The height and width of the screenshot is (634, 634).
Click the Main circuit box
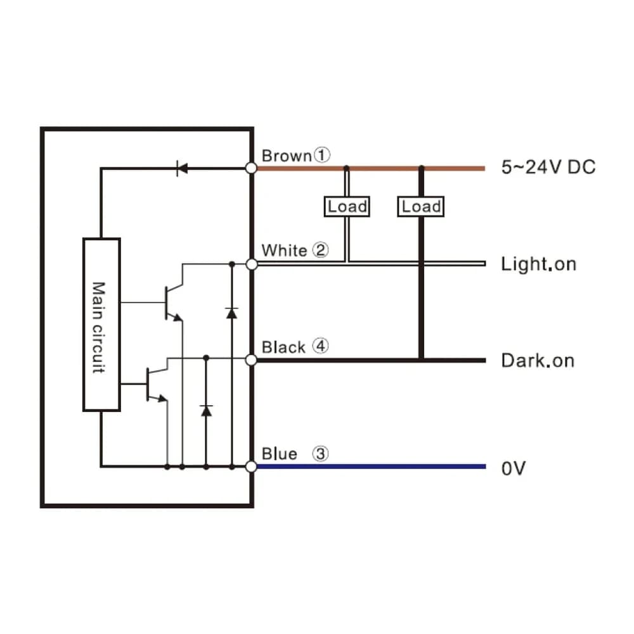click(x=101, y=325)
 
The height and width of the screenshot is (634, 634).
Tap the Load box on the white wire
click(x=347, y=207)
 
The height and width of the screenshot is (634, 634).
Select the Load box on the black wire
click(x=421, y=207)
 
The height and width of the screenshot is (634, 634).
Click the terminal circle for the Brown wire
click(x=251, y=168)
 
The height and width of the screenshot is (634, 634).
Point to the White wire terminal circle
click(x=252, y=264)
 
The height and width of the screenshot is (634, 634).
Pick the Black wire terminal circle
click(x=251, y=360)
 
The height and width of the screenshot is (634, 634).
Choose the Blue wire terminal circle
click(x=251, y=467)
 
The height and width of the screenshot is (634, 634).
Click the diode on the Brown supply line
click(x=182, y=168)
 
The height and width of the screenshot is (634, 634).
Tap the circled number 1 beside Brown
click(x=322, y=155)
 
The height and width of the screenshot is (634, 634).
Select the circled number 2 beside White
click(x=320, y=250)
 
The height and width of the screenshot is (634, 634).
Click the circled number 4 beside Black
click(x=321, y=346)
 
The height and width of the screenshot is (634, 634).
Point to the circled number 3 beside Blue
click(x=320, y=453)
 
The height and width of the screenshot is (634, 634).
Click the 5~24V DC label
click(x=548, y=167)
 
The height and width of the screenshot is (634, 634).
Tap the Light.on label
click(x=538, y=264)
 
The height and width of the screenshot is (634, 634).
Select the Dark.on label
click(x=538, y=360)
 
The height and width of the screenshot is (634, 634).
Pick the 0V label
click(x=514, y=469)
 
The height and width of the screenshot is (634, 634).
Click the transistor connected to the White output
click(x=173, y=302)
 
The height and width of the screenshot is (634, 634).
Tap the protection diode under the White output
click(x=231, y=313)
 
